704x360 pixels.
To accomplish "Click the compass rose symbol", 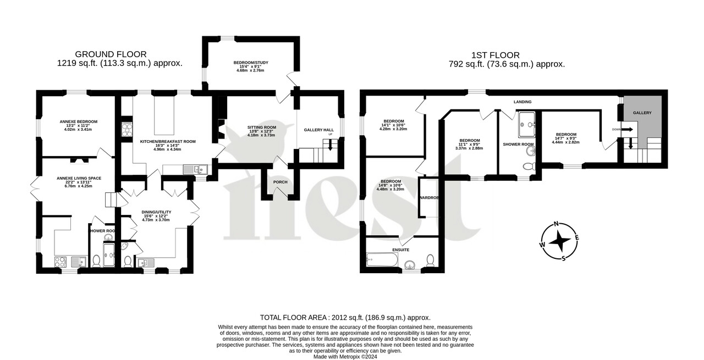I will point(560,241).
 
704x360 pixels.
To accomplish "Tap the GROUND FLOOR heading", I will point(111,54).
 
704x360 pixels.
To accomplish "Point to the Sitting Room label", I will point(261,127).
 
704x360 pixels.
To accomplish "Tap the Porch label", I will point(280,182).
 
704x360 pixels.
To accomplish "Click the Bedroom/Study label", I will point(250,64).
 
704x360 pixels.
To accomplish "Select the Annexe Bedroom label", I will point(78,121).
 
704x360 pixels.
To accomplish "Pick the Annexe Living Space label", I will point(79,178).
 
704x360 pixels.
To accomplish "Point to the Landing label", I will point(522,102).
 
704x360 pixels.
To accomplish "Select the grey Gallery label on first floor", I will point(642,113).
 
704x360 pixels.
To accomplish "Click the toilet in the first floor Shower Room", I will point(529,166).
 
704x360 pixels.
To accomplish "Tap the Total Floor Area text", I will point(345,318).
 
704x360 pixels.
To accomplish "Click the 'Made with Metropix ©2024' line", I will point(345,356).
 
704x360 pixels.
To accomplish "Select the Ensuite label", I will point(400,250).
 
